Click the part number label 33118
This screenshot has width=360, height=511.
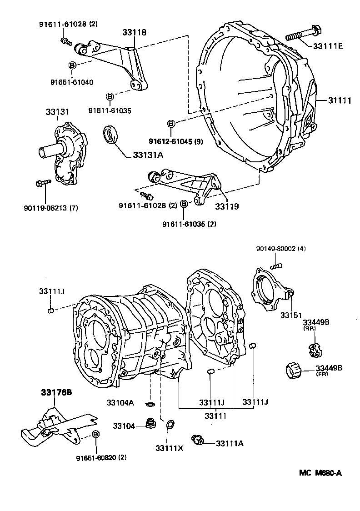click(x=134, y=32)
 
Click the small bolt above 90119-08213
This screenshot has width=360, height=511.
click(x=40, y=183)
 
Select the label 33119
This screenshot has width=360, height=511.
click(x=227, y=206)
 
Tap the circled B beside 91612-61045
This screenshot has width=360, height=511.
click(x=171, y=124)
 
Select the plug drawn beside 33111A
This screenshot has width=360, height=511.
click(x=198, y=440)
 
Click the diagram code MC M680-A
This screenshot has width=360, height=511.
click(x=320, y=473)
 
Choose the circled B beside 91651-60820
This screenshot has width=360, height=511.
click(x=95, y=435)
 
